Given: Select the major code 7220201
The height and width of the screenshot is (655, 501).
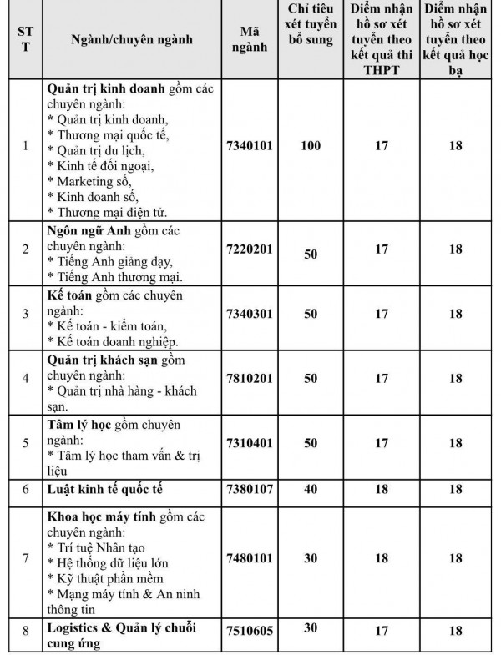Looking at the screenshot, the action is (x=250, y=250).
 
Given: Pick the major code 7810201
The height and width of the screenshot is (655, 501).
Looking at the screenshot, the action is (x=250, y=378).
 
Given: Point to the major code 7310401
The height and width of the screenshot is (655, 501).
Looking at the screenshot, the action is (x=250, y=442).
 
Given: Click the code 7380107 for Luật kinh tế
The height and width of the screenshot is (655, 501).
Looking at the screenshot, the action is (x=250, y=488).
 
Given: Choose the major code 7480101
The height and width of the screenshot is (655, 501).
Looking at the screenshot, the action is (x=250, y=558).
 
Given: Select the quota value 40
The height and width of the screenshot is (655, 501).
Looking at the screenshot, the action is (x=310, y=488).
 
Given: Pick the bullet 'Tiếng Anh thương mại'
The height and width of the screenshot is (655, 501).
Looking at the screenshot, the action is (x=116, y=276).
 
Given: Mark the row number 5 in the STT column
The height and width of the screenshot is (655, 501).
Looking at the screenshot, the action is (x=25, y=442).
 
